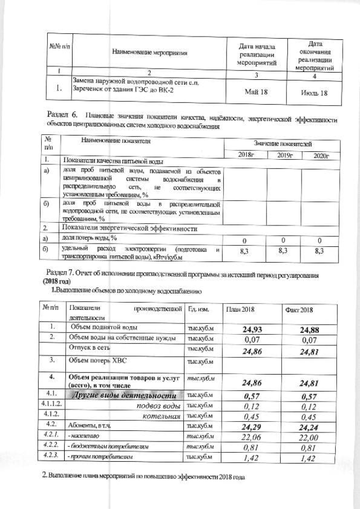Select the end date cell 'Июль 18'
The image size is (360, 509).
pyautogui.click(x=314, y=92)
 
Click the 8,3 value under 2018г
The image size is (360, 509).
pyautogui.click(x=244, y=251)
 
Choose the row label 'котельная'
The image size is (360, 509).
pyautogui.click(x=163, y=416)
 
